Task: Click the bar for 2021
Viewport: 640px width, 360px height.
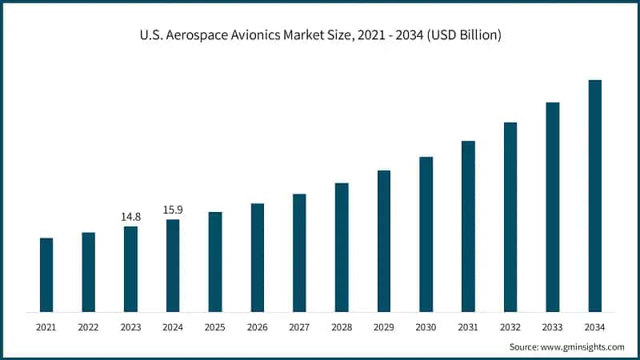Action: [x=46, y=274]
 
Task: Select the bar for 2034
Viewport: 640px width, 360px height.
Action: [x=594, y=195]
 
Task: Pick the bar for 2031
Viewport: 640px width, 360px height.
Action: [x=468, y=226]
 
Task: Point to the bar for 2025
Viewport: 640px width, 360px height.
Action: [x=215, y=261]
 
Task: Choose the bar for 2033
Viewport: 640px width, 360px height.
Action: [x=553, y=206]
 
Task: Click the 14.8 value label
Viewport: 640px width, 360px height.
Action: [x=130, y=217]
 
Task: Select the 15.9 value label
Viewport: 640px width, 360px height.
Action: [x=173, y=210]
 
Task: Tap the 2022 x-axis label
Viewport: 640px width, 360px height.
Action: [x=88, y=326]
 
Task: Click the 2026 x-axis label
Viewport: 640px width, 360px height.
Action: [x=257, y=326]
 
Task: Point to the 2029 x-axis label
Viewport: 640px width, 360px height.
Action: [x=383, y=326]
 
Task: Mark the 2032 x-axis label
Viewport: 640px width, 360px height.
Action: [x=510, y=326]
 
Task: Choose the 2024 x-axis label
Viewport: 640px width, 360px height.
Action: [x=173, y=326]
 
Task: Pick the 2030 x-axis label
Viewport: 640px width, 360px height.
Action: [x=426, y=326]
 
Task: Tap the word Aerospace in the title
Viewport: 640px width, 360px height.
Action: [x=195, y=35]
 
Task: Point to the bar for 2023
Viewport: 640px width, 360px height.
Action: [x=130, y=269]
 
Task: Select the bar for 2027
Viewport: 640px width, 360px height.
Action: [x=299, y=252]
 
